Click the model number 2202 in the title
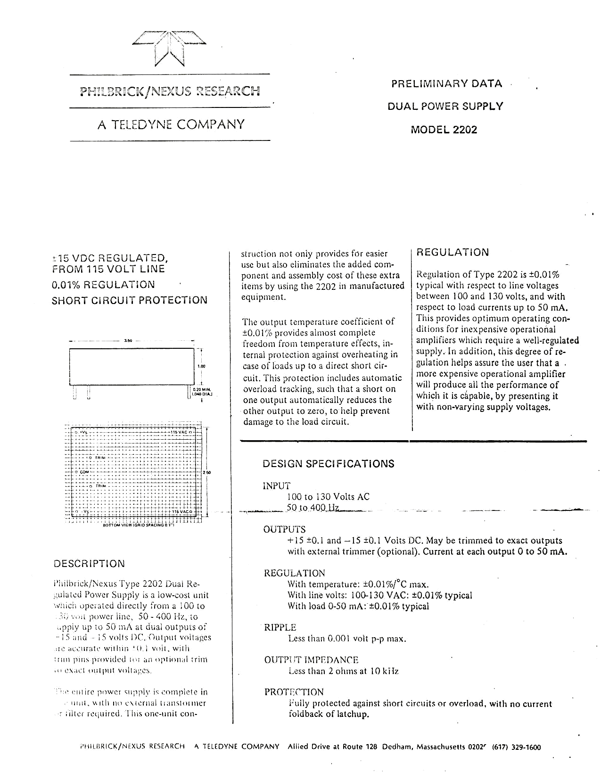(x=465, y=130)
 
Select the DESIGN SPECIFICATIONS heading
(x=328, y=464)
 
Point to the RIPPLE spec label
(x=280, y=627)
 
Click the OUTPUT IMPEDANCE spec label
(x=311, y=660)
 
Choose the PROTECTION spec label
(x=294, y=692)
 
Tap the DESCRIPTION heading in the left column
(x=90, y=564)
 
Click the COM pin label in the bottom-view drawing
(x=84, y=471)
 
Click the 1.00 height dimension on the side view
(x=201, y=366)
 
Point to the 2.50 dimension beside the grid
(x=206, y=472)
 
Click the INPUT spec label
(x=276, y=486)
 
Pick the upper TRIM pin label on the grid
(x=100, y=458)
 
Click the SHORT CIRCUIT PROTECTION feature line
(x=129, y=300)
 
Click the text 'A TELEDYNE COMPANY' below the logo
(x=171, y=124)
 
